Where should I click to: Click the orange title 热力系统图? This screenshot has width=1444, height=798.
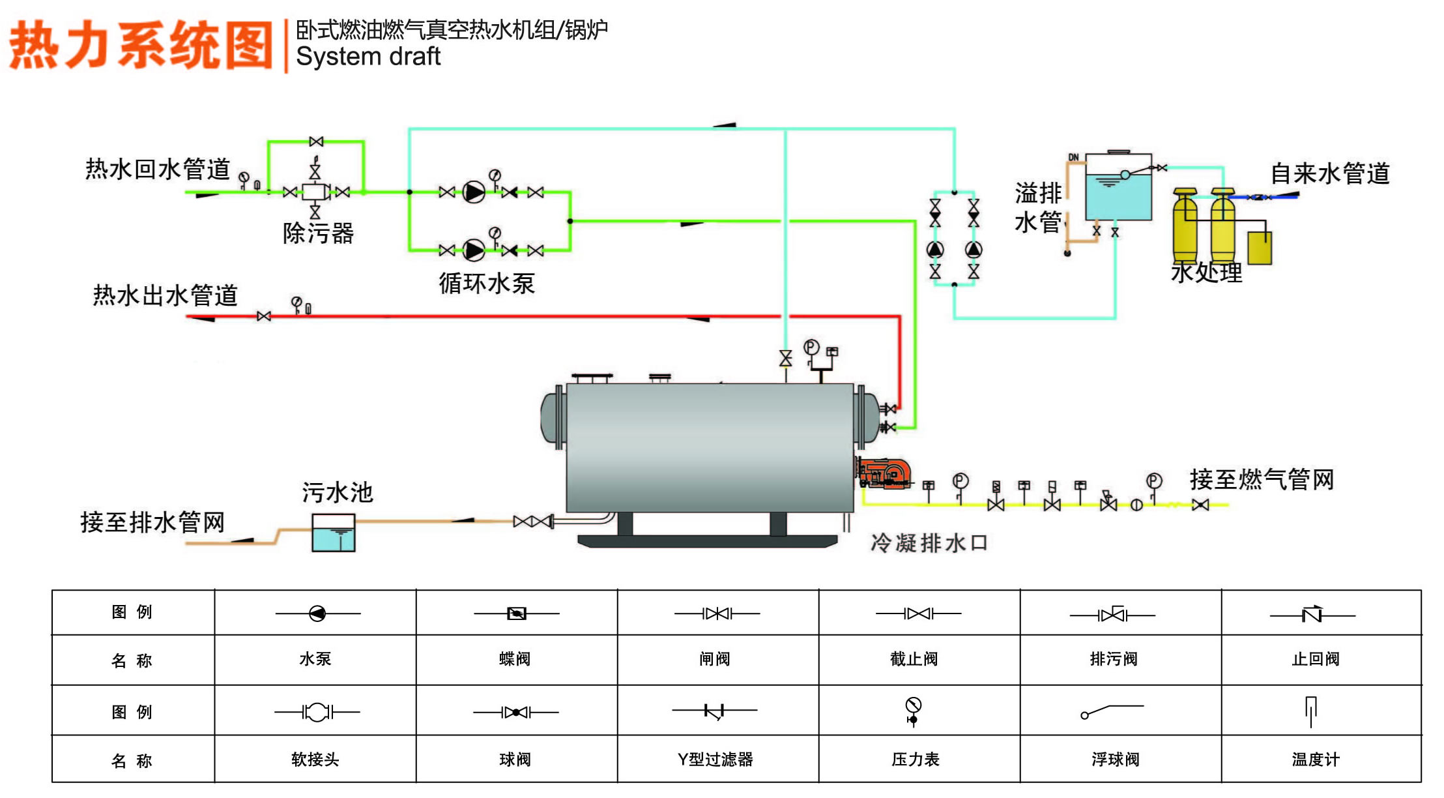(x=141, y=44)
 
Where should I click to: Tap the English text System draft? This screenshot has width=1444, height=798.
(x=368, y=56)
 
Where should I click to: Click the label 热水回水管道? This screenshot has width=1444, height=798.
(x=158, y=169)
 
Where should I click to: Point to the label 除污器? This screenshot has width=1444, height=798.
(x=318, y=233)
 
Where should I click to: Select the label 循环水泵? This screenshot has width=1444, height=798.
(x=487, y=283)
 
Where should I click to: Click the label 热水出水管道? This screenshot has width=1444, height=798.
(x=166, y=295)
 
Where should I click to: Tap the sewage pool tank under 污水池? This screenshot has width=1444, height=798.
(x=334, y=533)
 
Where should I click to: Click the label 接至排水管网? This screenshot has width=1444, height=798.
(x=152, y=522)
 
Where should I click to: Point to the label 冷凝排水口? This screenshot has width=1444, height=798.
(x=929, y=542)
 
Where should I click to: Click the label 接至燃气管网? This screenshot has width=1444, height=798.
(x=1262, y=479)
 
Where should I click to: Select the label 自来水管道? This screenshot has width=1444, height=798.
(x=1330, y=173)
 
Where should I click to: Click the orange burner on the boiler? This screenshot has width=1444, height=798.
(x=884, y=473)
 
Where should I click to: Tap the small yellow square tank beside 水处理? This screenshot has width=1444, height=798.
(x=1260, y=248)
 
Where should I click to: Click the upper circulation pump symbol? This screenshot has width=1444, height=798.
(x=474, y=192)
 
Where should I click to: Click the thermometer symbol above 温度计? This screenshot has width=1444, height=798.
(x=1311, y=711)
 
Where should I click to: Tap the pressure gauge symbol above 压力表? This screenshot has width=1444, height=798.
(x=914, y=711)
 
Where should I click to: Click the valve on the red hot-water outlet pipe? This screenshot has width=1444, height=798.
(x=264, y=316)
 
